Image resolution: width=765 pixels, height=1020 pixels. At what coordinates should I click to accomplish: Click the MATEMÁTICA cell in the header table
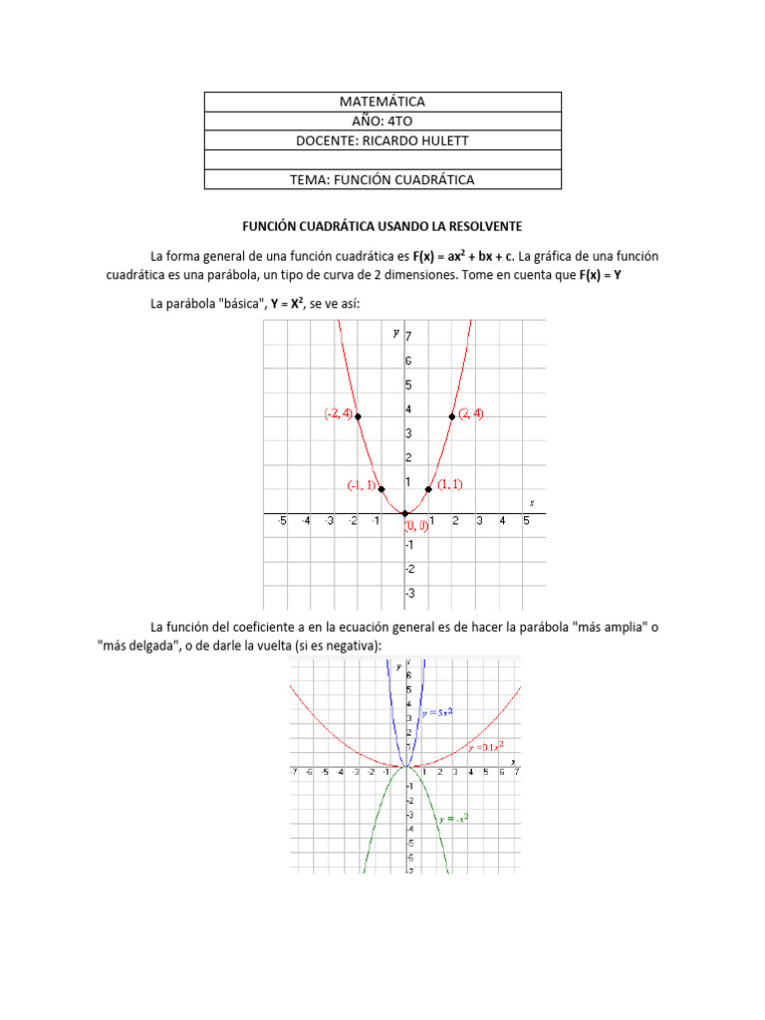[382, 102]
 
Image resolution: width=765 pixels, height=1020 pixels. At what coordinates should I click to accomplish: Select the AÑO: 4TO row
[382, 122]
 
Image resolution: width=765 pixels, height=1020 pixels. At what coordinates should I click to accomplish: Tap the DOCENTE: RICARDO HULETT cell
[382, 140]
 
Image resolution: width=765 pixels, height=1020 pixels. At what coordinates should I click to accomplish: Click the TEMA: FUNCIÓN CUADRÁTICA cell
[382, 179]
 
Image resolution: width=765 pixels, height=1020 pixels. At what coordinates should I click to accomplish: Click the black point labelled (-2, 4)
[358, 416]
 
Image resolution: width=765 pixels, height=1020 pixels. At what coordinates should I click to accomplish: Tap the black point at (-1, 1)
[382, 489]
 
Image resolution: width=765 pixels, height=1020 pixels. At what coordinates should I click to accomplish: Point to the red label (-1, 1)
[362, 485]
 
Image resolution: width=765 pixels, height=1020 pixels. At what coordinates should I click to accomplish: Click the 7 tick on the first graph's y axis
[408, 337]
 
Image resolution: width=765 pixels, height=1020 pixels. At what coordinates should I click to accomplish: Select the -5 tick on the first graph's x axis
[283, 521]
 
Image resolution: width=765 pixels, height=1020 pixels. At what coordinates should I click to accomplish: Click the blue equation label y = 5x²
[439, 713]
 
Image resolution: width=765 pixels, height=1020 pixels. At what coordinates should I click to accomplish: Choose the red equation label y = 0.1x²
[484, 746]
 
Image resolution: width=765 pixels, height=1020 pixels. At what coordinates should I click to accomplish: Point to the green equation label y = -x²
[453, 818]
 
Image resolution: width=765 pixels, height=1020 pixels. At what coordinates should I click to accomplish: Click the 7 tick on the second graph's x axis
[516, 772]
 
